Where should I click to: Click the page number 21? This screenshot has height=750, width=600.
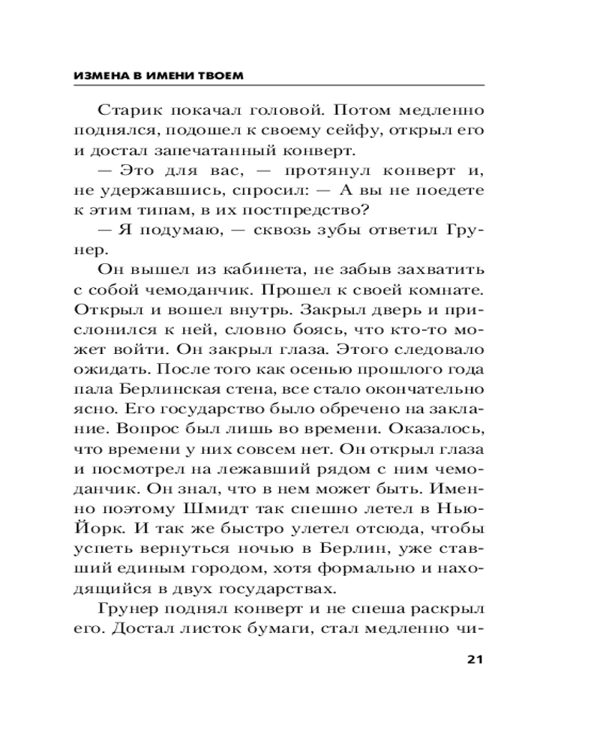pos(472,660)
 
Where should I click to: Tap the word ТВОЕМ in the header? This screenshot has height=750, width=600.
pos(223,76)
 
